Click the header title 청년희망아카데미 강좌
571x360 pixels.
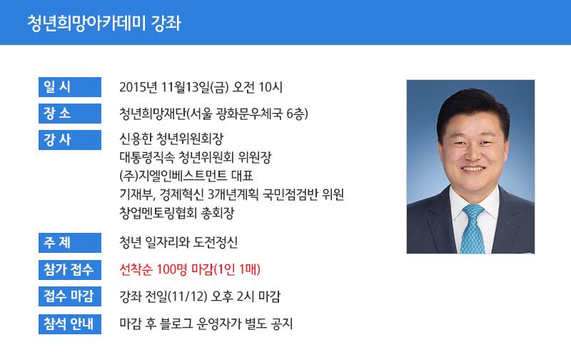tap(104, 24)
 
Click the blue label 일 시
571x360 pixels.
tap(70, 87)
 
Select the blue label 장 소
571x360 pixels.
tap(70, 114)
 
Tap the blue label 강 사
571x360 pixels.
tap(70, 140)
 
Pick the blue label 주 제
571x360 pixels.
tap(70, 243)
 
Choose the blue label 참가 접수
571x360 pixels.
tap(70, 269)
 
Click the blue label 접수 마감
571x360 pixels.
tap(70, 296)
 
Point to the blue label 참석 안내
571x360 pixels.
tap(70, 324)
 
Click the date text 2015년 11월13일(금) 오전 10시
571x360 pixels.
tap(201, 87)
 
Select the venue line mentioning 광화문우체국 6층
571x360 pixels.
tap(213, 114)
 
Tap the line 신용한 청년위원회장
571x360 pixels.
tap(171, 139)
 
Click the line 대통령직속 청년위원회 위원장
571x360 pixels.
tap(196, 157)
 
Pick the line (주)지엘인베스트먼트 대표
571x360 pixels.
tap(186, 176)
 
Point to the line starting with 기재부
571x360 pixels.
tap(231, 194)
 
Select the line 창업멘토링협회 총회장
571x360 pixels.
tap(176, 213)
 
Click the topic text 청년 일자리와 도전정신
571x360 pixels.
tap(178, 242)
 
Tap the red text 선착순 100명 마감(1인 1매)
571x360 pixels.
tap(190, 269)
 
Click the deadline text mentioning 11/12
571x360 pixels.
tap(200, 296)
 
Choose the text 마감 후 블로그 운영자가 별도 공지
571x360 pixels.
tap(206, 324)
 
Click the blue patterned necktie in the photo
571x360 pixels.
tap(473, 229)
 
